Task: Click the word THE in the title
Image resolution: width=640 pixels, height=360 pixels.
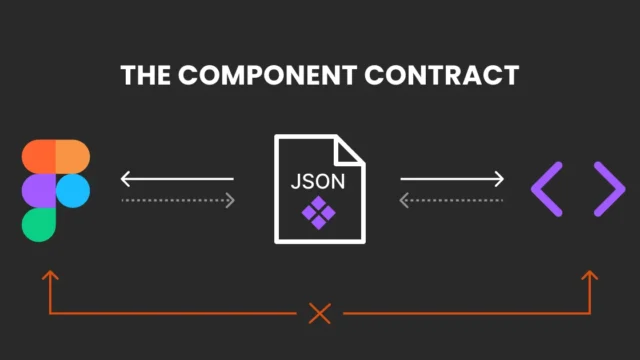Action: (x=145, y=75)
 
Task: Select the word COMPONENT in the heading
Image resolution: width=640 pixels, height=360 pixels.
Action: (x=268, y=75)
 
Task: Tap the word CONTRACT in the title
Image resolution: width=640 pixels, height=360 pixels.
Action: (x=442, y=75)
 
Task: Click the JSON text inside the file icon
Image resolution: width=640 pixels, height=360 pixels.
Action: (x=318, y=182)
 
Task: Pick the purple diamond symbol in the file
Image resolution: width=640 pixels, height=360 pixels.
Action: (x=319, y=213)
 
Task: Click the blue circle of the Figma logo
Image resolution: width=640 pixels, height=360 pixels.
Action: (x=73, y=191)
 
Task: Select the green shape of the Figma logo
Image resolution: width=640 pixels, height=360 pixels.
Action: (x=38, y=225)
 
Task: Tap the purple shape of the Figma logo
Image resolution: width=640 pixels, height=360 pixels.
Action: (x=38, y=191)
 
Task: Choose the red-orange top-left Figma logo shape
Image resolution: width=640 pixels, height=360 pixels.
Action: (x=38, y=157)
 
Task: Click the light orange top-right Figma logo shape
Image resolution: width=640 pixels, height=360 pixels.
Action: (x=73, y=157)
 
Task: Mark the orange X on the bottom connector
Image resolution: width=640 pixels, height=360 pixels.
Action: (x=320, y=313)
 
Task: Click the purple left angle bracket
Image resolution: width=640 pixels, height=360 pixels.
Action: (x=547, y=189)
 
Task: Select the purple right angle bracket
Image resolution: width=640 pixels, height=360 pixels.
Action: (x=609, y=189)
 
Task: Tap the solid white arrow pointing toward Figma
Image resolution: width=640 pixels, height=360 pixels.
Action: (x=177, y=179)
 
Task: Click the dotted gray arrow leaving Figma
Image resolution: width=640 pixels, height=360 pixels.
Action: (x=178, y=200)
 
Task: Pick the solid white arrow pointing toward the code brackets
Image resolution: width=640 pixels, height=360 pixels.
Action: (x=452, y=179)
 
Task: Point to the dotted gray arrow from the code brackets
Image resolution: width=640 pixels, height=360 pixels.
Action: (x=451, y=200)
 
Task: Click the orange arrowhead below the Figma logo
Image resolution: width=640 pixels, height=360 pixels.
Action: (x=50, y=275)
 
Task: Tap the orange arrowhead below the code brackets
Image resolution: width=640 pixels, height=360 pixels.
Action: (x=590, y=275)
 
